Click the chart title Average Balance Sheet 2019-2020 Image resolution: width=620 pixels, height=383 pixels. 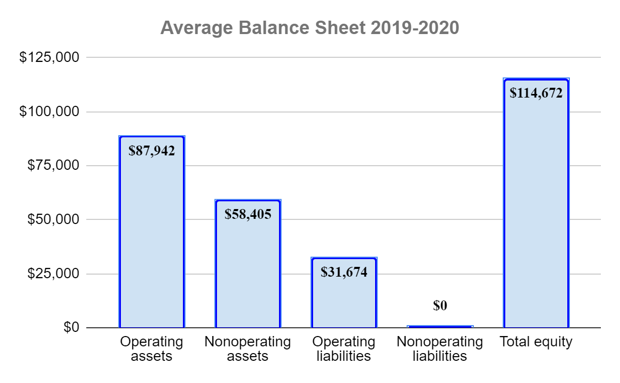(x=309, y=28)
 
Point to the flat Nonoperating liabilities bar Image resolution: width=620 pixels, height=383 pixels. (x=440, y=326)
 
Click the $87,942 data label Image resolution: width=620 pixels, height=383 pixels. (x=152, y=151)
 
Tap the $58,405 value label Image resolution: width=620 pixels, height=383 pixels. (x=248, y=214)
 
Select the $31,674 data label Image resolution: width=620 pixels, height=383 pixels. (x=344, y=272)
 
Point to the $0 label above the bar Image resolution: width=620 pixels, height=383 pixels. (x=440, y=306)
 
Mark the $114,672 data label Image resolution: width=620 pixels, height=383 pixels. (x=536, y=93)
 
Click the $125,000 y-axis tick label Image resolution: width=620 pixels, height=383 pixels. (x=49, y=57)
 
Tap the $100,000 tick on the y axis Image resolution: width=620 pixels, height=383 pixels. (x=49, y=111)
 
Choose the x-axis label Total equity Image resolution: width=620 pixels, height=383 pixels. (x=536, y=342)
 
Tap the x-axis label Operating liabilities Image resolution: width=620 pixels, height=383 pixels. (x=344, y=349)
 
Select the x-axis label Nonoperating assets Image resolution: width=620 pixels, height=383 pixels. (x=248, y=349)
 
